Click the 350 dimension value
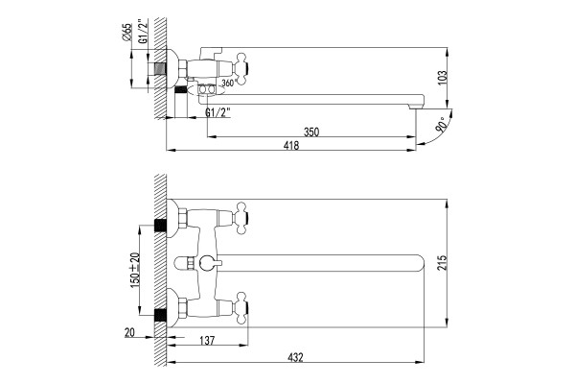[311, 132]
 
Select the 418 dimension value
[291, 146]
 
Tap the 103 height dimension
[443, 78]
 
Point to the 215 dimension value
[443, 262]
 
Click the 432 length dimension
[295, 357]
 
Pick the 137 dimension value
[207, 341]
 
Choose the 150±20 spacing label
[134, 271]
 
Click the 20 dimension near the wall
[129, 332]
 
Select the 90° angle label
[441, 124]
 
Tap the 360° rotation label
[227, 84]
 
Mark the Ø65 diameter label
[126, 32]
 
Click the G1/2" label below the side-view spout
[218, 112]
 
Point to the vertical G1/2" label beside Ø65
[144, 32]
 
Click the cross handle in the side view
[243, 69]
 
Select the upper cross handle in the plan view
[243, 218]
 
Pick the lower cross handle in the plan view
[243, 308]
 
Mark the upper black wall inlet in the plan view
[160, 225]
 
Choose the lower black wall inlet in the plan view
[160, 315]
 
